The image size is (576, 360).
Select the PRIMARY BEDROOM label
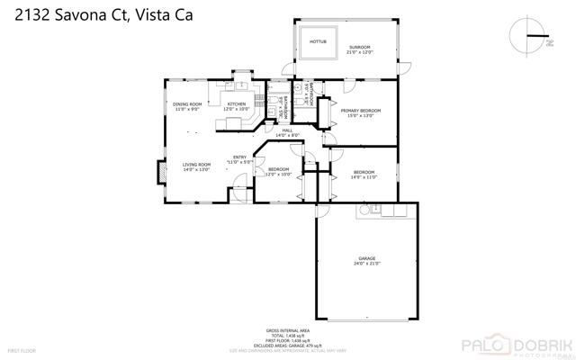click(x=360, y=112)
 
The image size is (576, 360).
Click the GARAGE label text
click(x=366, y=261)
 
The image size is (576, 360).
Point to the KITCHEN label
click(x=237, y=106)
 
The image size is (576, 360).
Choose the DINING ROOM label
click(x=187, y=106)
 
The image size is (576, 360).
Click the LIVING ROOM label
click(x=196, y=166)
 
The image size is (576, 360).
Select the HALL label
click(x=287, y=132)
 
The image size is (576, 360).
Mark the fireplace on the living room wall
click(x=162, y=173)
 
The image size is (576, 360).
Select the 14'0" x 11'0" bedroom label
click(x=364, y=175)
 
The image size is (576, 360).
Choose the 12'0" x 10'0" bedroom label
click(x=278, y=171)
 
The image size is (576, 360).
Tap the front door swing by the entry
click(x=240, y=191)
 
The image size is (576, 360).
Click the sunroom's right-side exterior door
click(x=405, y=67)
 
